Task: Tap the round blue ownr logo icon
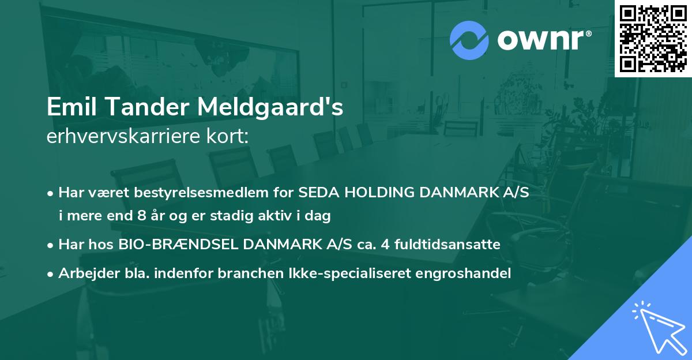469,40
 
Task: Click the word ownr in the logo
542,40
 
